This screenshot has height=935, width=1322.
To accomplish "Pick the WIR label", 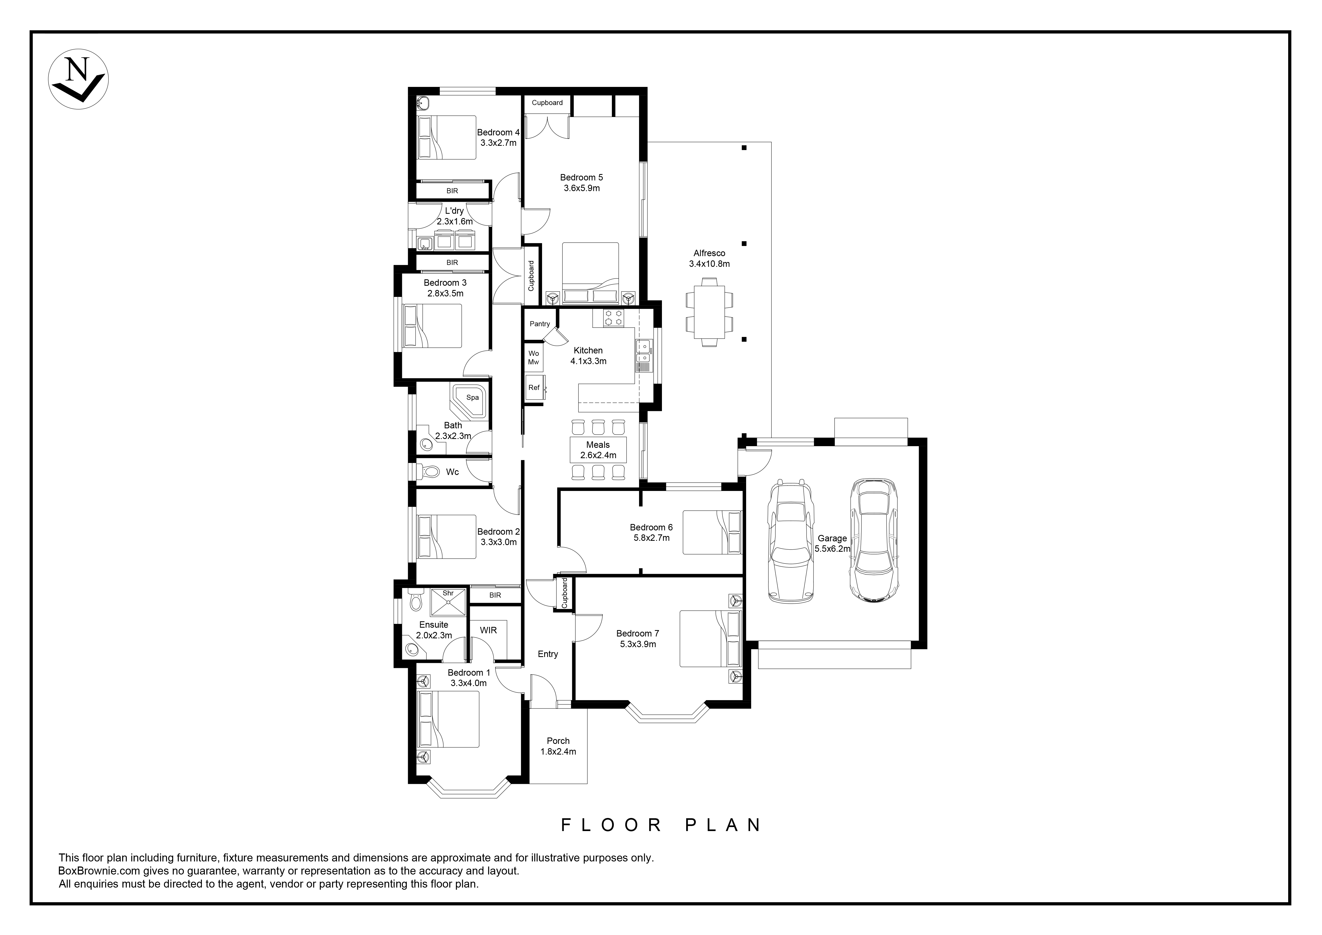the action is pyautogui.click(x=488, y=630).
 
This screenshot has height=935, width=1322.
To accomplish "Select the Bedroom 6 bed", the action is pyautogui.click(x=712, y=532).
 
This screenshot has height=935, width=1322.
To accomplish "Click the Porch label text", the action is pyautogui.click(x=558, y=741).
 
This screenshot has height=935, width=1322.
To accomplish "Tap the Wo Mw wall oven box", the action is pyautogui.click(x=534, y=357).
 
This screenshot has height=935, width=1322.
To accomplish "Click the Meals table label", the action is pyautogui.click(x=598, y=445).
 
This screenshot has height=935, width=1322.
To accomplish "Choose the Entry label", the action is pyautogui.click(x=548, y=654).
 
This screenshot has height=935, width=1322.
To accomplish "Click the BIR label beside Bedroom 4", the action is pyautogui.click(x=452, y=191).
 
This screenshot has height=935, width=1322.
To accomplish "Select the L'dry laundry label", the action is pyautogui.click(x=454, y=211).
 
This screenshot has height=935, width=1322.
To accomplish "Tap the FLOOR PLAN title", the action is pyautogui.click(x=661, y=825).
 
